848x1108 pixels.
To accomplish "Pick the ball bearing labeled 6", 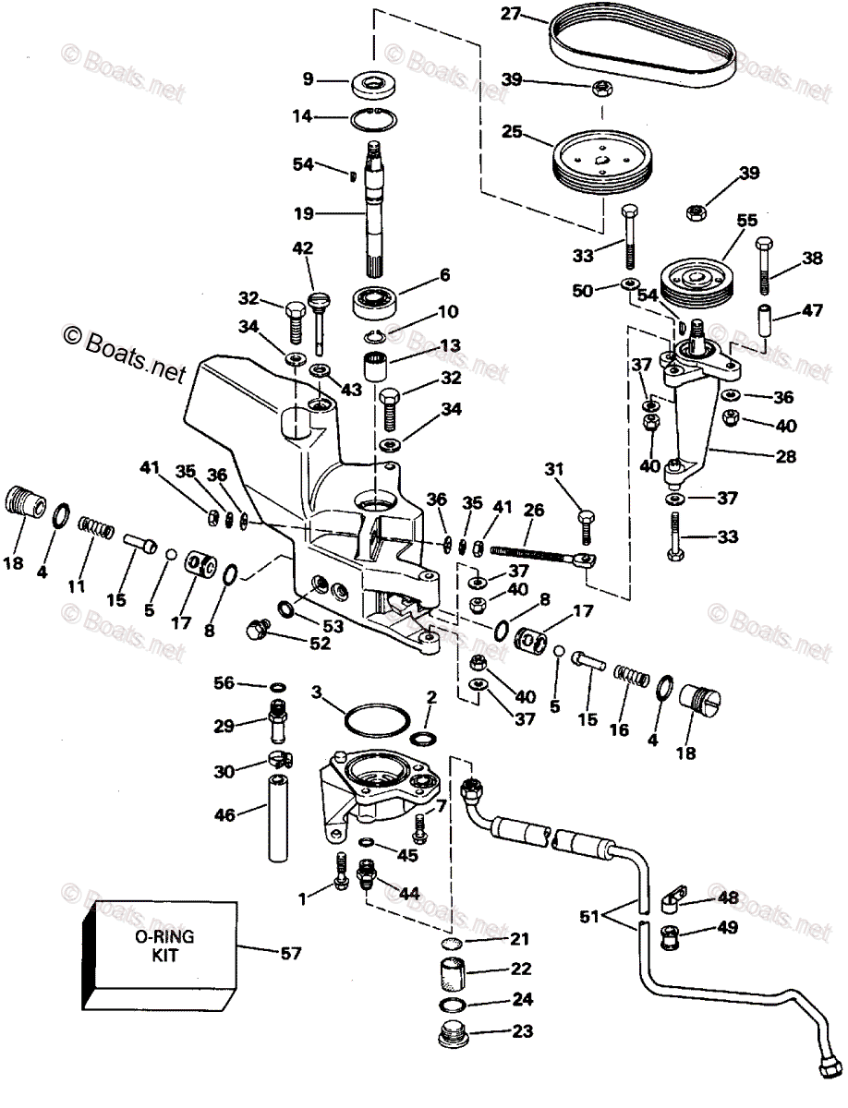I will pos(379,301).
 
